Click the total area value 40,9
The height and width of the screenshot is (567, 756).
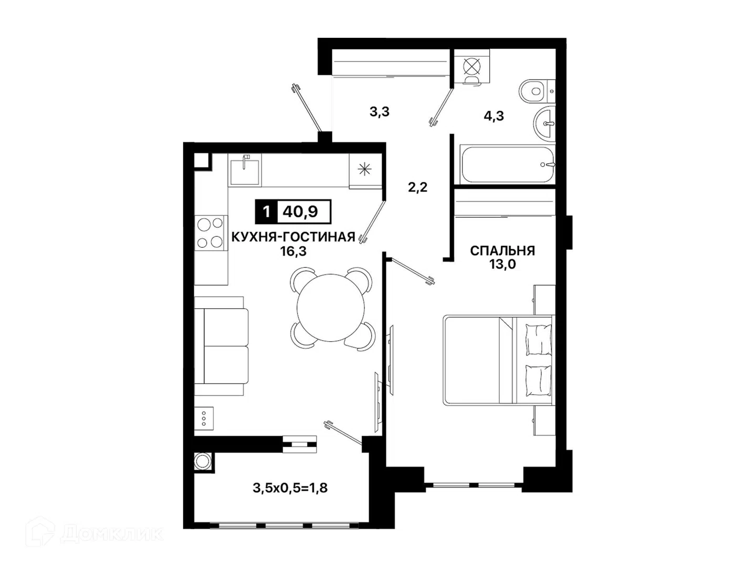point(300,212)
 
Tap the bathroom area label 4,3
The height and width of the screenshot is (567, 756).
point(493,116)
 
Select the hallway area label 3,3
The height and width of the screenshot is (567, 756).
point(379,111)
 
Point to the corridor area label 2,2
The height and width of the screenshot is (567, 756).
point(417,187)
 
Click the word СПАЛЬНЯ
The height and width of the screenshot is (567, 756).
point(502,250)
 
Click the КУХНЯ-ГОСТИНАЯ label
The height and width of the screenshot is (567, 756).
point(293,237)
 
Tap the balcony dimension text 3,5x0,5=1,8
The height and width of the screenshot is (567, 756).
point(290,488)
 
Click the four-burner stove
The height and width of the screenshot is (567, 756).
point(211,233)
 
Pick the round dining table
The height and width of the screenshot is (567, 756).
point(331,308)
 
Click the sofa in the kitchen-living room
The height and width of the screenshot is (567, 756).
point(221,345)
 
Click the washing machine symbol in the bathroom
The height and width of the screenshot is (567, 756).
point(471,66)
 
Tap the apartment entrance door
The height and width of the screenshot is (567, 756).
point(307,108)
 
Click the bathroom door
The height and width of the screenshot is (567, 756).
point(441,108)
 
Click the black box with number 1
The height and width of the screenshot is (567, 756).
point(266,212)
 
